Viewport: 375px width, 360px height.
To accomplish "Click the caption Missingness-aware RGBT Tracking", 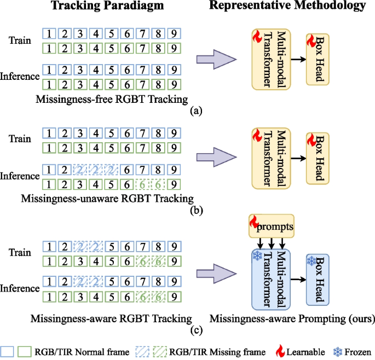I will (111, 317).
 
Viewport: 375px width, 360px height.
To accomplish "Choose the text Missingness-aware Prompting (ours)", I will (290, 317).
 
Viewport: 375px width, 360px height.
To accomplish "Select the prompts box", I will (273, 225).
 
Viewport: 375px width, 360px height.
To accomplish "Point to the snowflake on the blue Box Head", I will (312, 262).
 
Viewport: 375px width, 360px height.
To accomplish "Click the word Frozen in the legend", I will (359, 350).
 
